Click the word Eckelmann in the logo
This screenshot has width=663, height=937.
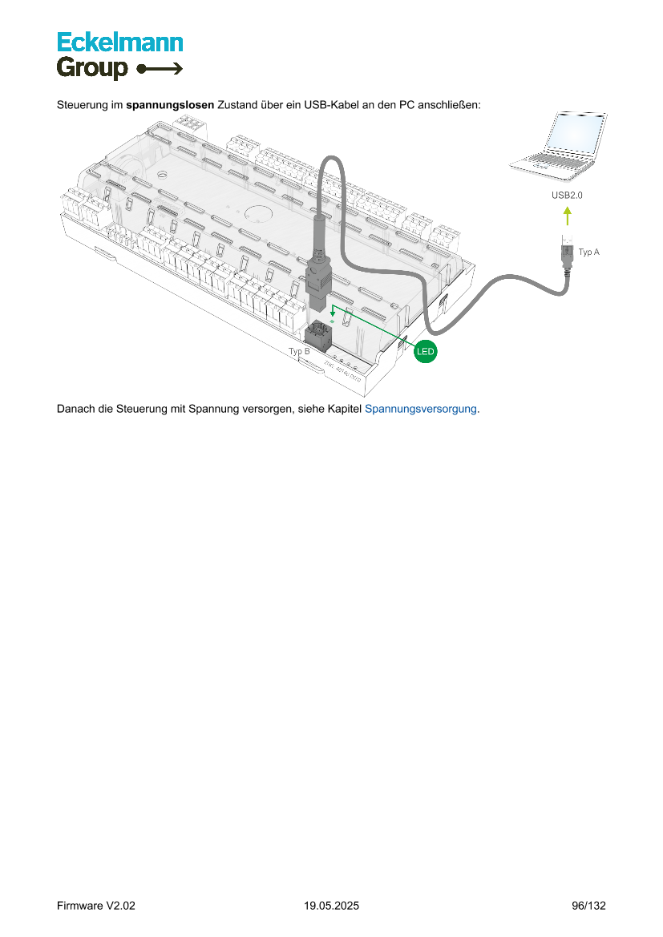[119, 42]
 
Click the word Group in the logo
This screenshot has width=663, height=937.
[92, 69]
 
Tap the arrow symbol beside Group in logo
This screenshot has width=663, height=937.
[160, 69]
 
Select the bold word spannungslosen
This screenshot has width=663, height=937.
[170, 105]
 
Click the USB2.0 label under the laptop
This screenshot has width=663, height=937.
[567, 196]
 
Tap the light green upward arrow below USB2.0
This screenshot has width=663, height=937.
[567, 216]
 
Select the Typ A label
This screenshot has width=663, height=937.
[589, 252]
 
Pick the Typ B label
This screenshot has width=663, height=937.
[299, 351]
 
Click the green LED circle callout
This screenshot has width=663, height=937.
[425, 351]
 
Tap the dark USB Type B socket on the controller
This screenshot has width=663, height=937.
[323, 333]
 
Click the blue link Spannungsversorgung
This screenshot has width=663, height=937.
[421, 409]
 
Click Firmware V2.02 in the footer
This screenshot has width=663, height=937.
[96, 906]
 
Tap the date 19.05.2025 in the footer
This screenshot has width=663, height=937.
[331, 906]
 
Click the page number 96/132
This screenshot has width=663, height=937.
[588, 906]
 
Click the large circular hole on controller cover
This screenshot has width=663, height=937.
[258, 213]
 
